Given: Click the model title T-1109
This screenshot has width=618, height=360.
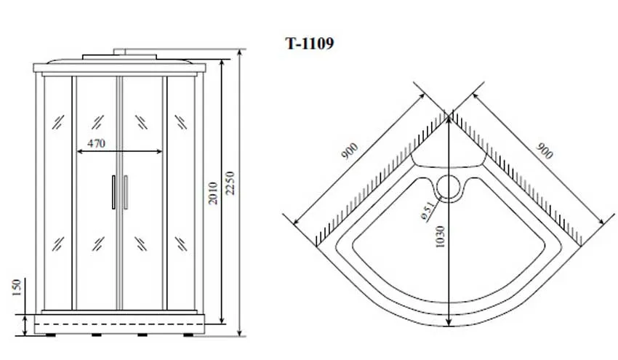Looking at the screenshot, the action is coord(310,44).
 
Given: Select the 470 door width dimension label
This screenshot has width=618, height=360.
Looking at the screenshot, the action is coord(97,143).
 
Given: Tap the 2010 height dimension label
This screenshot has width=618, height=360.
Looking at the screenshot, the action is coord(213,193).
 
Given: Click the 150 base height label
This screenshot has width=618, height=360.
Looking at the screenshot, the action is coord(16,288).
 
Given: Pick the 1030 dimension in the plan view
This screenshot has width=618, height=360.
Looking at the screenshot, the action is coord(441,236).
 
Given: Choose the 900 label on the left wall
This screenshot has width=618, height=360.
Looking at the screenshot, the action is coord(350,151).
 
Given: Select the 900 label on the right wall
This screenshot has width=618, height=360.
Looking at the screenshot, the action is coord(545,151).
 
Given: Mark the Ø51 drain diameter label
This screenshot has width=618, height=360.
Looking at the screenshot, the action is coord(428,211).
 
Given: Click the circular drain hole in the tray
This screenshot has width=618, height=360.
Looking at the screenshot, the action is coord(449,188).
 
